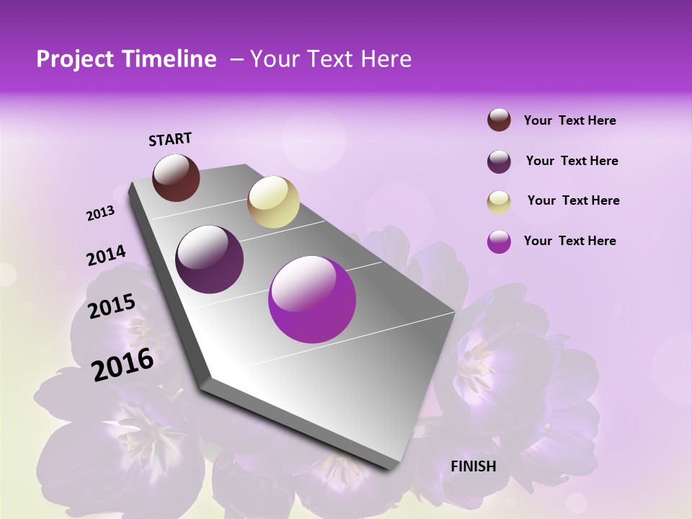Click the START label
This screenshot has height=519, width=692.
tap(170, 139)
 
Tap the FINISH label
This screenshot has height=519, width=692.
tap(474, 466)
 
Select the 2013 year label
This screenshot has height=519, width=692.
tap(101, 213)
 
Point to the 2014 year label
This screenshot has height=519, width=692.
tap(106, 256)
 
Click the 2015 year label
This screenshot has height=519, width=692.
tap(112, 306)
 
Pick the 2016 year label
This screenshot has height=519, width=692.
tap(123, 364)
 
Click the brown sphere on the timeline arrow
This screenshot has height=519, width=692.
tap(176, 177)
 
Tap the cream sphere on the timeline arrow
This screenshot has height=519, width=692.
tap(273, 202)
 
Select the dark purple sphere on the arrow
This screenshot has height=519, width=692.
tap(210, 259)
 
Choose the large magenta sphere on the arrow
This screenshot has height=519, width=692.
tap(312, 299)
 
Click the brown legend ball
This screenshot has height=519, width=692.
tap(499, 120)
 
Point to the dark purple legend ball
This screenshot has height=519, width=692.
tap(499, 161)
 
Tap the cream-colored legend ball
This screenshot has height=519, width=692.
tap(499, 202)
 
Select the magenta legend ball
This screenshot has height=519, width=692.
tap(499, 241)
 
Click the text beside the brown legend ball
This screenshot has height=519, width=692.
tap(569, 120)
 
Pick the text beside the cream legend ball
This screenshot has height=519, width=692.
tap(573, 200)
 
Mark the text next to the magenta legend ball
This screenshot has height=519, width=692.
tap(569, 241)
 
